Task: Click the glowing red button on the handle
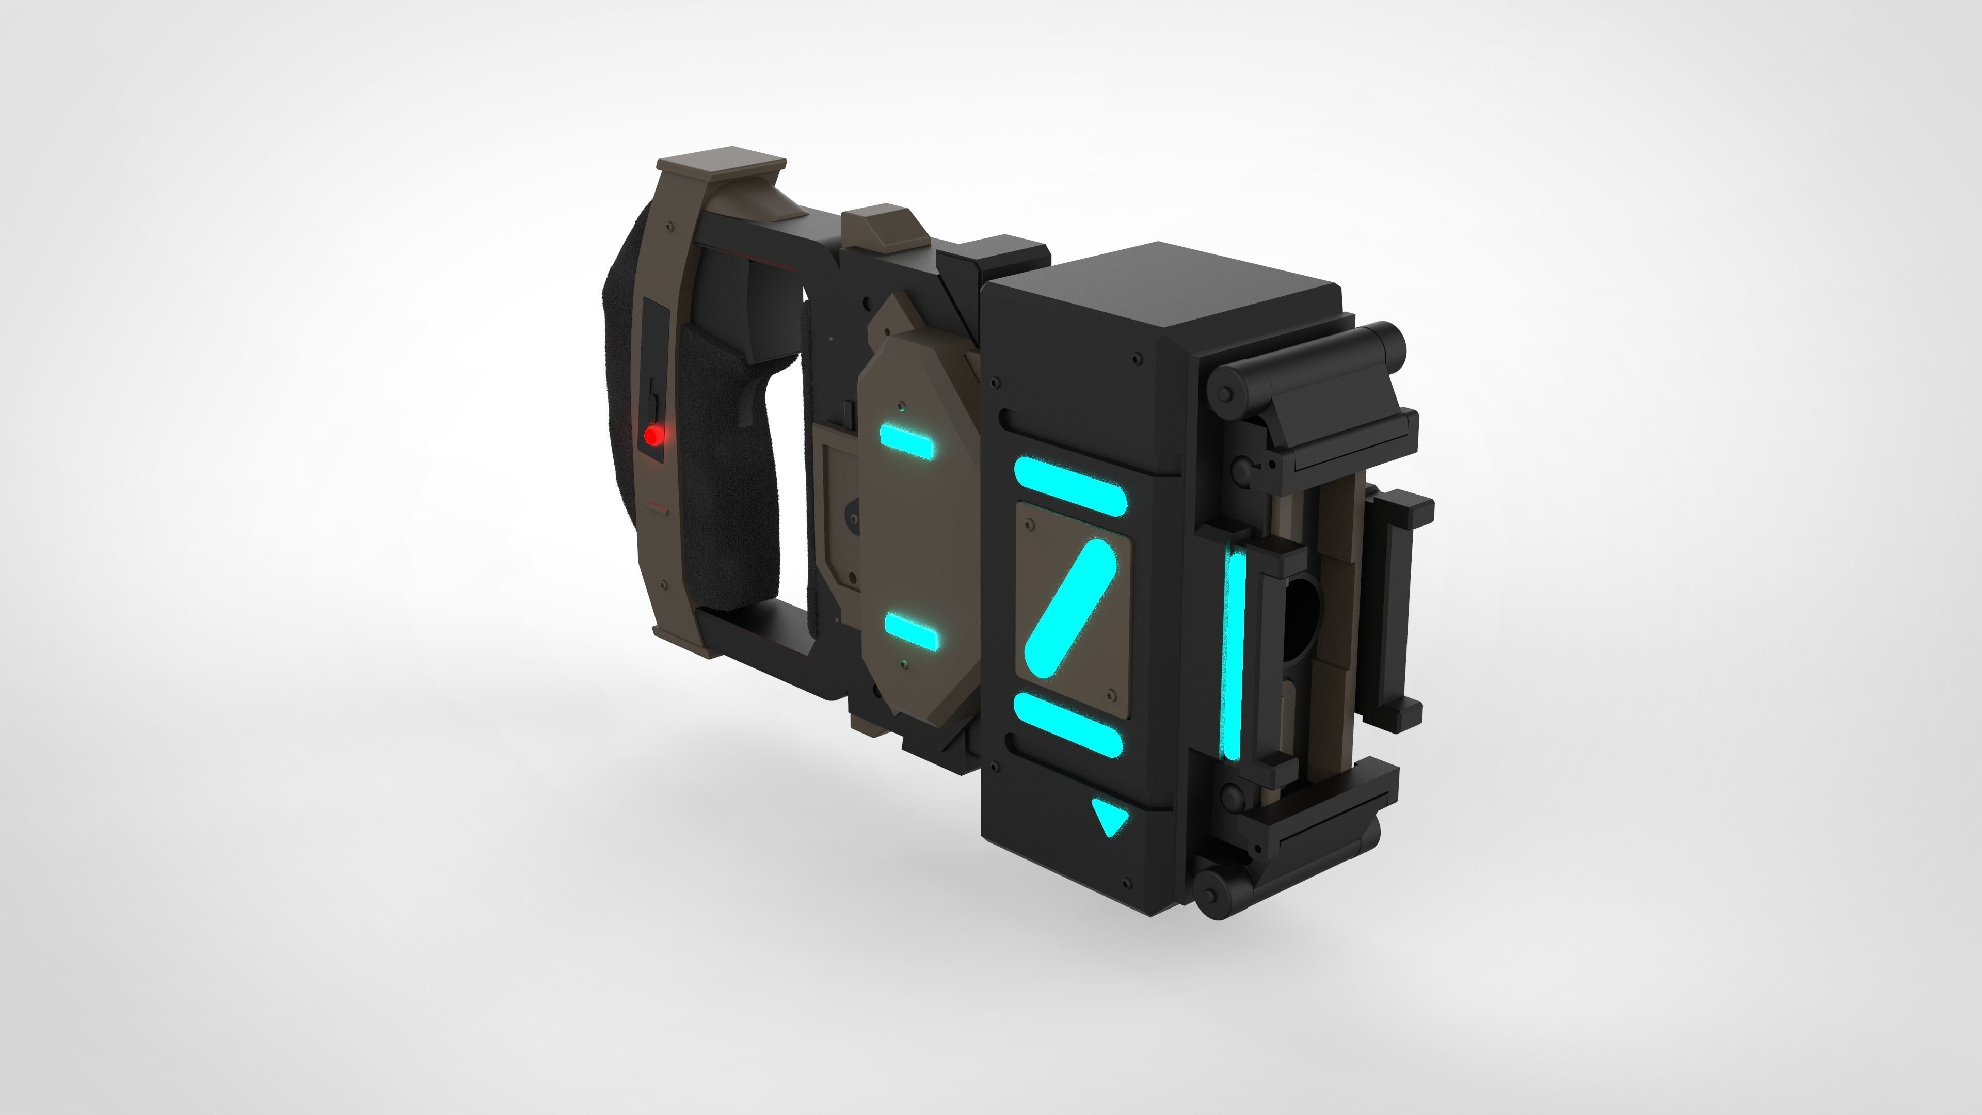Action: pyautogui.click(x=652, y=436)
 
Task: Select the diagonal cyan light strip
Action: pyautogui.click(x=1070, y=609)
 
